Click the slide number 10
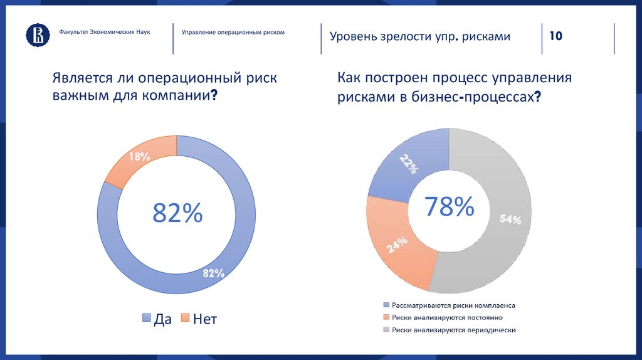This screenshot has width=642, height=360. pos(555,36)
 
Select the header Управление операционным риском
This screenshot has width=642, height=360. pos(233,31)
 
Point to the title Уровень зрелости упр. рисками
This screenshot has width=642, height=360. pos(420,36)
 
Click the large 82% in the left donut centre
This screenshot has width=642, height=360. pos(177,213)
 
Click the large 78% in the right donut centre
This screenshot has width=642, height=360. pos(449,206)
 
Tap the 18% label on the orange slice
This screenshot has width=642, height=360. pos(139,157)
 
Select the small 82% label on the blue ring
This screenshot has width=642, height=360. pos(213,273)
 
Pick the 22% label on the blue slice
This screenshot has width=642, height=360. pos(408,165)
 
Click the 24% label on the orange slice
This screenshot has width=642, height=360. pos(397,245)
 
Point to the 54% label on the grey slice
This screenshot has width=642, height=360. pos(510,220)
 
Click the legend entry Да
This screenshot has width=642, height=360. pos(157,319)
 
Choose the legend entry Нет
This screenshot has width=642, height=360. pos(199,319)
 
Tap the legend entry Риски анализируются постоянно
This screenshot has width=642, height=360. pos(443,317)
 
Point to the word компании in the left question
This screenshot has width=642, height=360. pos(181,97)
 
